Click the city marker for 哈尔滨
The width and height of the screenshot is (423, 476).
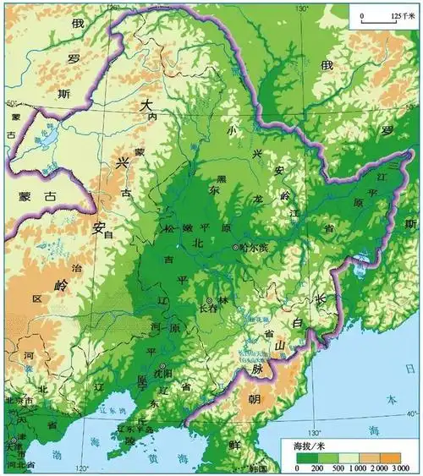(236, 247)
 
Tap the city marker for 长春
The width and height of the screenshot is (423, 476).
(209, 301)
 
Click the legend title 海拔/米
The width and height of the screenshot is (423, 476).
(305, 445)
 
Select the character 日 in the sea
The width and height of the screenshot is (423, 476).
(409, 369)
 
